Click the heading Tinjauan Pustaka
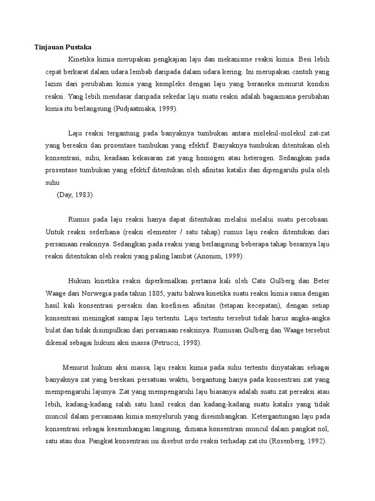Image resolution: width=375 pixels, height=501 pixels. [63, 47]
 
